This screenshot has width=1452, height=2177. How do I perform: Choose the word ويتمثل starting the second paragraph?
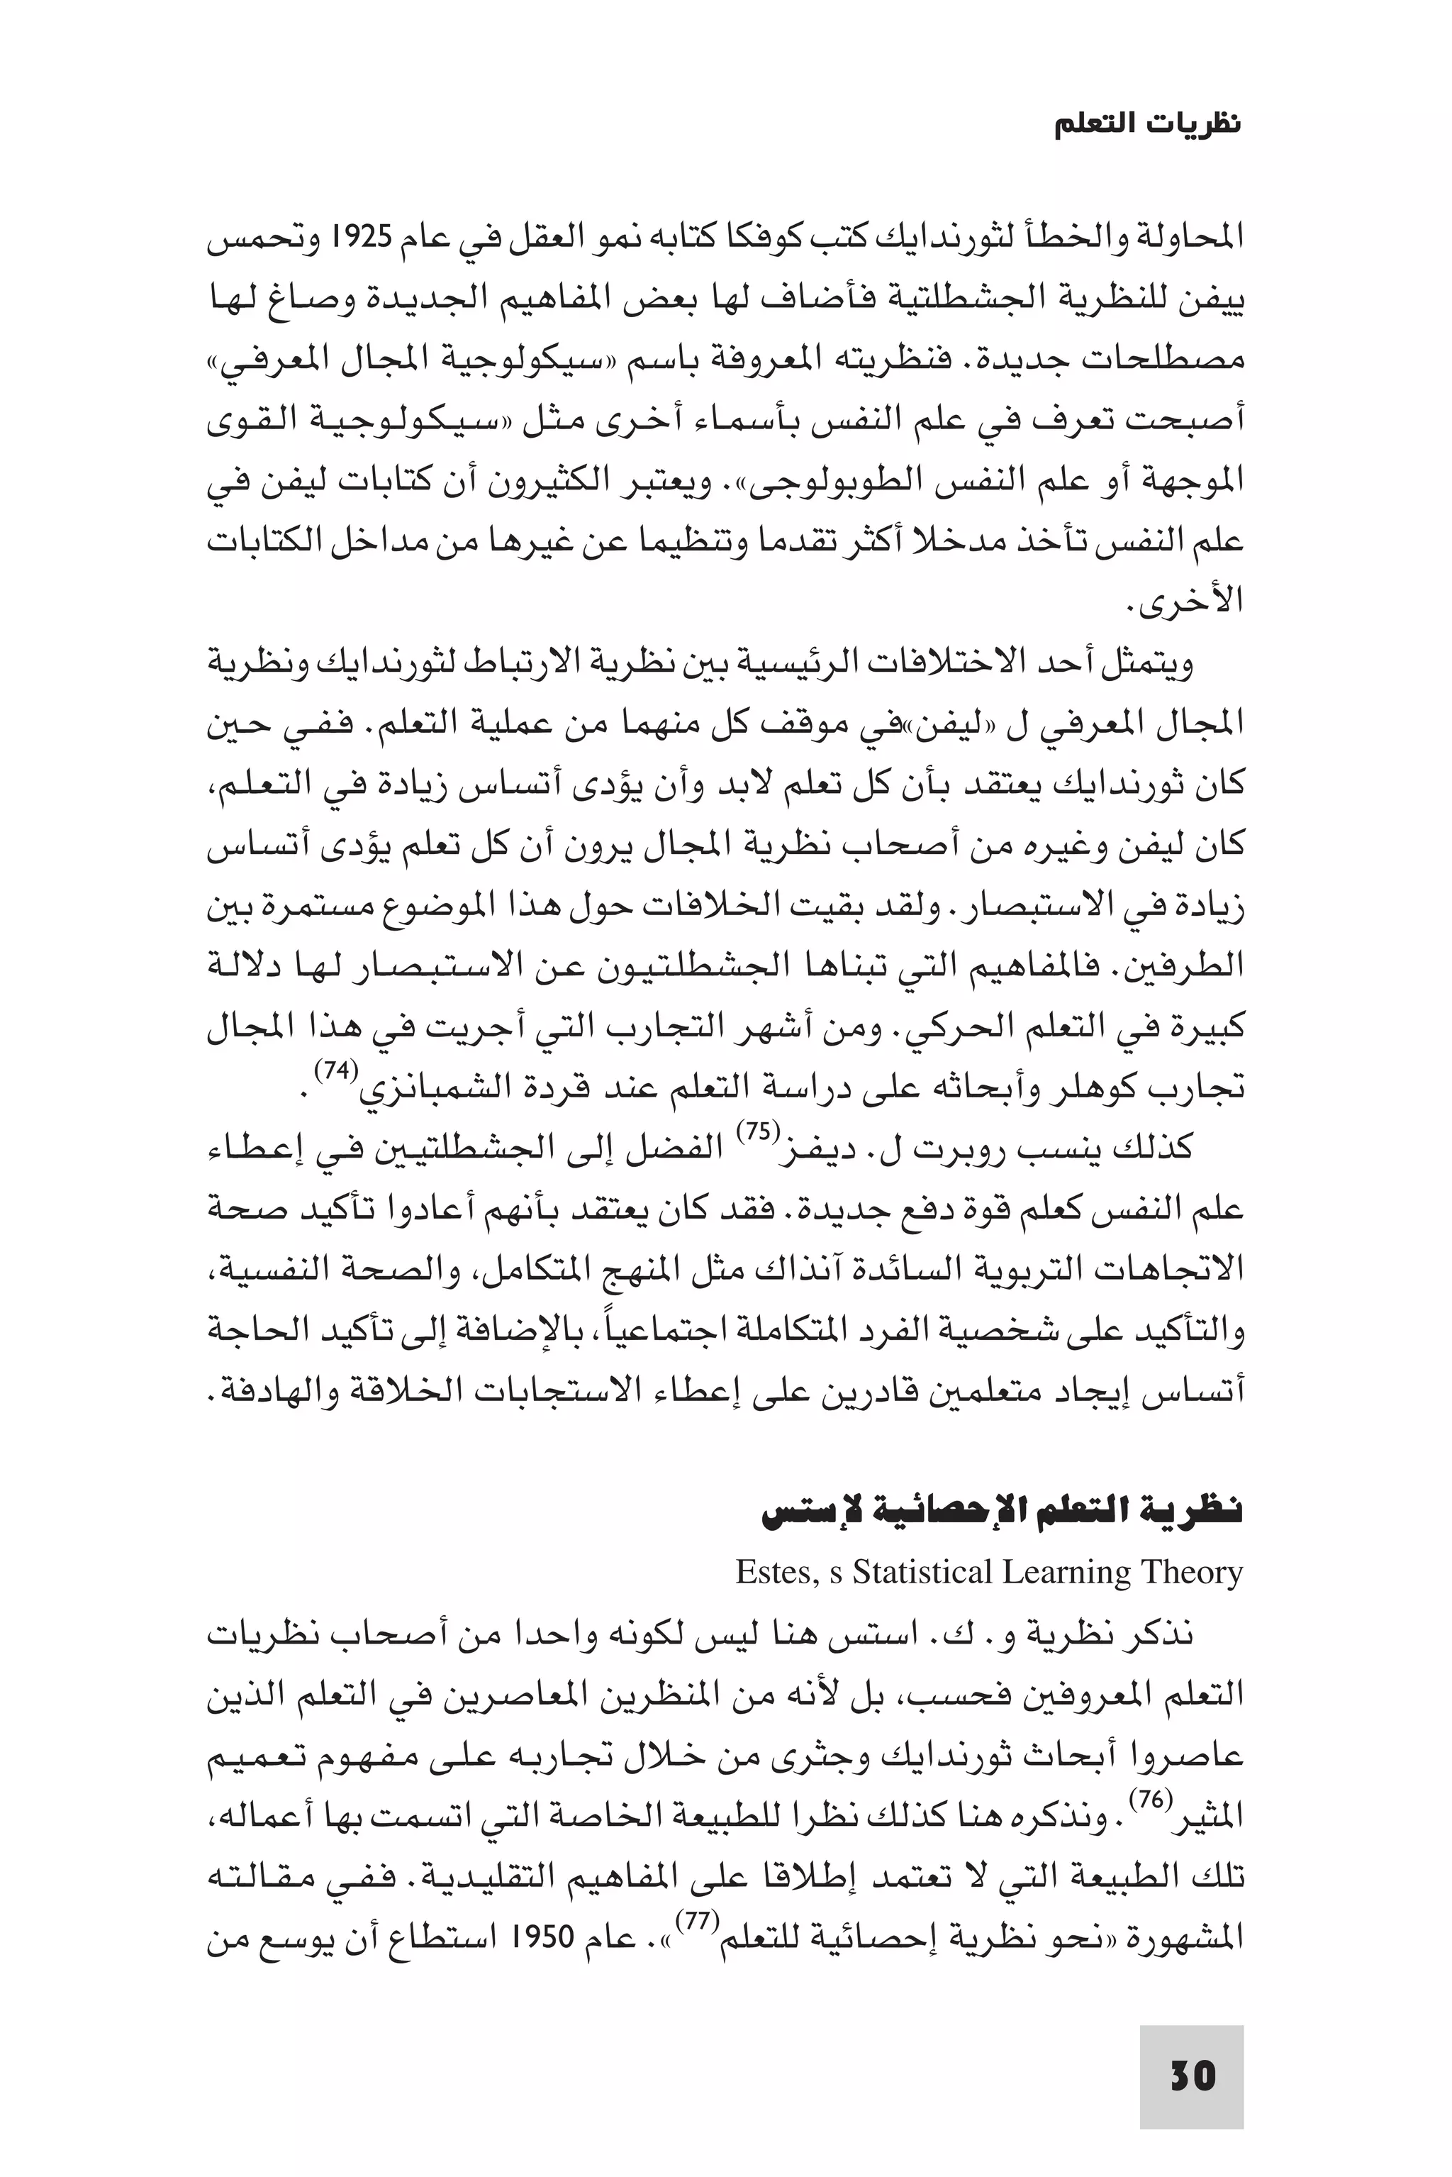click(x=1158, y=663)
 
